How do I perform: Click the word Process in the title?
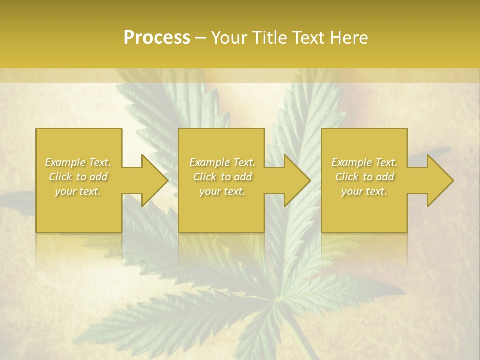157,38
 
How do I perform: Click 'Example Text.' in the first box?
78,162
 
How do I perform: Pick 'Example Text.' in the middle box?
222,162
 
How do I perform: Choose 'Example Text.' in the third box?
364,162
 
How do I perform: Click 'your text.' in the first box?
78,191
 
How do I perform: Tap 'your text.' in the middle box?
222,191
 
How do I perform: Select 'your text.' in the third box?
364,191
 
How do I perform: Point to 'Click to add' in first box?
78,177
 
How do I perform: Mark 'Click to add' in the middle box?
222,177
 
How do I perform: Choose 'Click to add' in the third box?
364,177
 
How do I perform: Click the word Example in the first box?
65,162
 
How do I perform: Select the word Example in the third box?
351,162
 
